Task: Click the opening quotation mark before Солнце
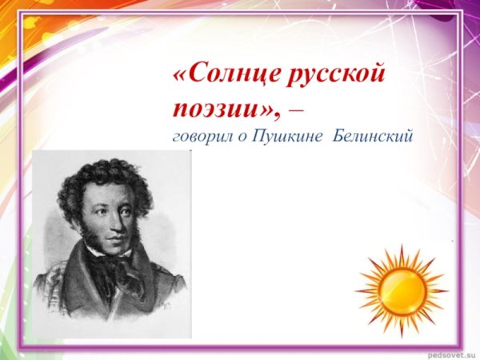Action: tap(179, 78)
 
